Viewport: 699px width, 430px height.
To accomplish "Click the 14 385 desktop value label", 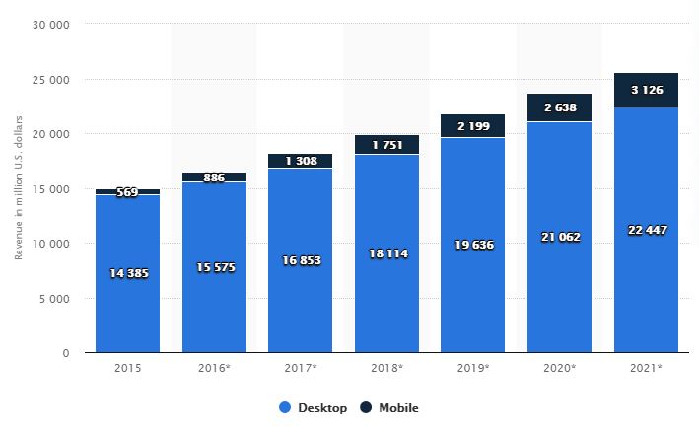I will point(127,273).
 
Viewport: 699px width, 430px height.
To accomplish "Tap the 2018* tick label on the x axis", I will point(386,368).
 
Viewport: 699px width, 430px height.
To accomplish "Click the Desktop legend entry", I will point(313,406).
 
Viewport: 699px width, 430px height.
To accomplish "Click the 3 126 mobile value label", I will point(646,90).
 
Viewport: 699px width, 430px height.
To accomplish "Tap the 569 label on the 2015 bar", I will point(127,192).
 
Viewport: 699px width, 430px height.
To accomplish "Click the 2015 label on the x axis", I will point(127,368).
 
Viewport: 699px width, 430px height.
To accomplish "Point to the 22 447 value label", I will point(646,230).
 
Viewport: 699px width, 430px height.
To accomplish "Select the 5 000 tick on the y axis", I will point(53,298).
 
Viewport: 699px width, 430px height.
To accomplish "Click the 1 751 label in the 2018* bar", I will point(386,145).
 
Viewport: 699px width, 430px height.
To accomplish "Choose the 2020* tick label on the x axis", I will point(559,368).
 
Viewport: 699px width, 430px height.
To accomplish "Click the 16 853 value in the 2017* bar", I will point(300,260).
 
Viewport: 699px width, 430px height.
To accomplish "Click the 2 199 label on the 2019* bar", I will point(473,126).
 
